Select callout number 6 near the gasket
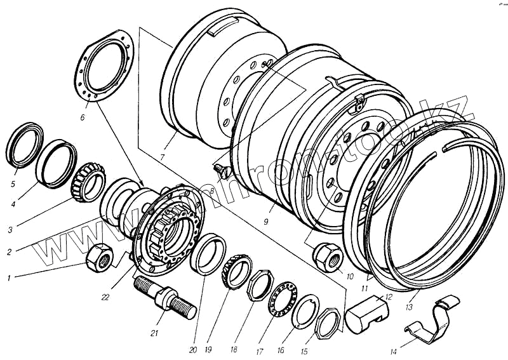pyautogui.click(x=82, y=117)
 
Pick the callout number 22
pyautogui.click(x=105, y=296)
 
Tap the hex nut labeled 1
pyautogui.click(x=100, y=258)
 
